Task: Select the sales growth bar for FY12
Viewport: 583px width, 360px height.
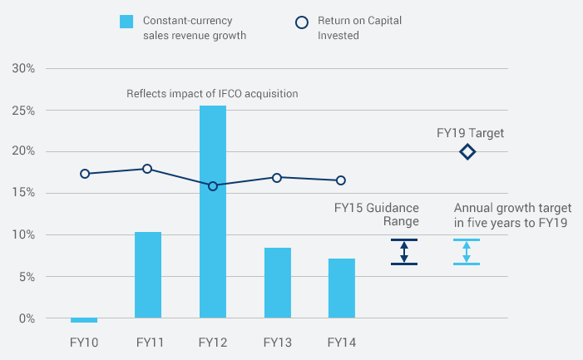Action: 213,212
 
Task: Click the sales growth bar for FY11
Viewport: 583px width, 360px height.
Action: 148,275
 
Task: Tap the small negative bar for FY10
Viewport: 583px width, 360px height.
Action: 84,320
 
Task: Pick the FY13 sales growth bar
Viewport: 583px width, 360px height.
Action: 277,283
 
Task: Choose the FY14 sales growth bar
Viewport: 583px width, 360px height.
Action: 341,288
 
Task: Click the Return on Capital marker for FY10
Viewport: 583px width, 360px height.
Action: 85,174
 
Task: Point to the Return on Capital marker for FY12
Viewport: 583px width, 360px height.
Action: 213,186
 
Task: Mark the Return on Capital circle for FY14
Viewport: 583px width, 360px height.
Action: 341,180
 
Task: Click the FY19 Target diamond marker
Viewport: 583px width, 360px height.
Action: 467,152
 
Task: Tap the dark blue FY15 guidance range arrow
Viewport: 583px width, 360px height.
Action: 404,252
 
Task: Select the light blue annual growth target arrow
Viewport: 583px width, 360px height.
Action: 467,252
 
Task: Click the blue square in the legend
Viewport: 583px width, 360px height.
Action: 126,21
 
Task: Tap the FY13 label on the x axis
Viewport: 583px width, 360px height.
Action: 277,342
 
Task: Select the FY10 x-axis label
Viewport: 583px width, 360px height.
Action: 84,342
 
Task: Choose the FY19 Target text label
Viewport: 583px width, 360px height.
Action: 471,132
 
